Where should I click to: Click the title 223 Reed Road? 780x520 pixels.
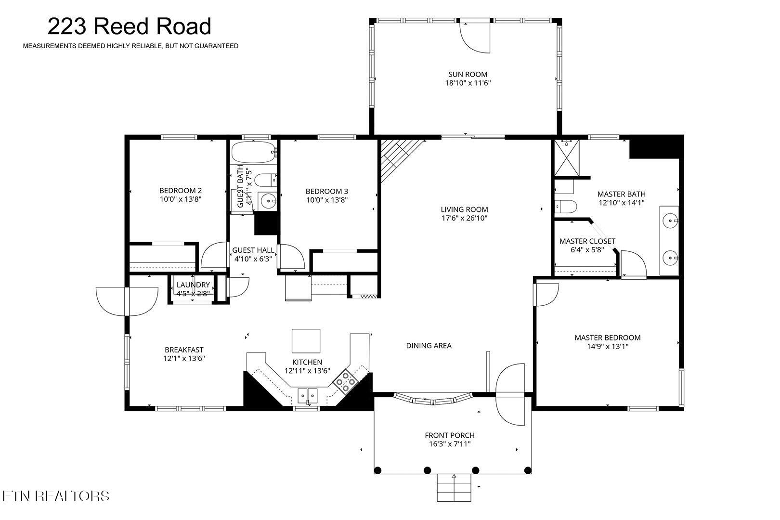tap(129, 26)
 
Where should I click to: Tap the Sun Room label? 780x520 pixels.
tap(468, 74)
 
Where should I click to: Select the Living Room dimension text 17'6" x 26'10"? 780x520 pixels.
tap(464, 218)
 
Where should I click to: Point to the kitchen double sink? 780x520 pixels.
tap(307, 396)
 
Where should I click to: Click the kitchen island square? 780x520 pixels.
tap(306, 341)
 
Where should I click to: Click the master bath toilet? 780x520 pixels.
tap(565, 207)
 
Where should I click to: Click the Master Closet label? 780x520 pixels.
tap(587, 241)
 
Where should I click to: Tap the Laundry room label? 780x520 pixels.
tap(193, 285)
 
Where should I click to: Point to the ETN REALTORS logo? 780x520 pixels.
tap(55, 496)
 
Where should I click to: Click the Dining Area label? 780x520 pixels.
tap(429, 346)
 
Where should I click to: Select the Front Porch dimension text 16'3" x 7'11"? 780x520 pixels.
tap(449, 444)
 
